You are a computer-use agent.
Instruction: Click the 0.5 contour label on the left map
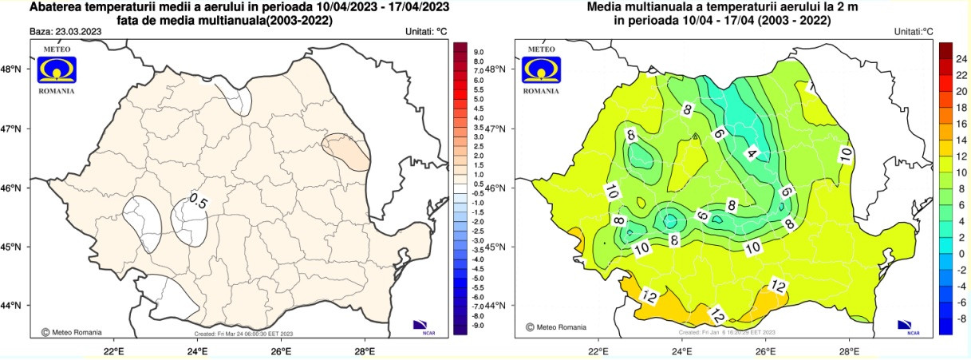point(198,203)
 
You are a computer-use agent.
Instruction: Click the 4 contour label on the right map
point(752,152)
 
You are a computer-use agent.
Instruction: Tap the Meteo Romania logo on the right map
point(541,70)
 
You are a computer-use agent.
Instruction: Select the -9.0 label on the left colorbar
point(479,325)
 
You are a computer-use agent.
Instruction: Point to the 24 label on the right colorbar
point(961,59)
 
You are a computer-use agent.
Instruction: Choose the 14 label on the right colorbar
point(961,140)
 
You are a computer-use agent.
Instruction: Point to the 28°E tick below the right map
point(849,350)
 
